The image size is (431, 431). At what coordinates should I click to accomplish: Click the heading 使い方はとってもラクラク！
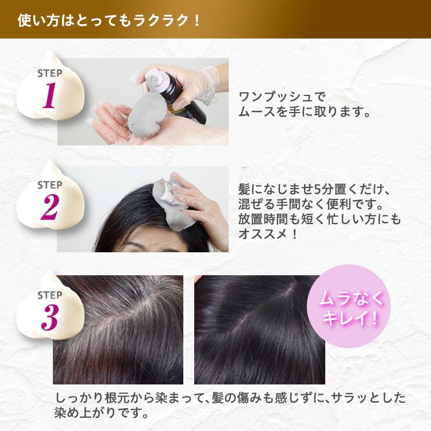point(109,20)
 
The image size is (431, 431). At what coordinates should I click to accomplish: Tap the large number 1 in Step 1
point(49,97)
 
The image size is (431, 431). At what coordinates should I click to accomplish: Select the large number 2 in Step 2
point(49,208)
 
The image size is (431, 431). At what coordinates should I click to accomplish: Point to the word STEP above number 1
point(49,74)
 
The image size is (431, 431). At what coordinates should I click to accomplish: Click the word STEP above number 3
point(49,295)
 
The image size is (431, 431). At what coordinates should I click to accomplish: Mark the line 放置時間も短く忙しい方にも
point(320,220)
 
